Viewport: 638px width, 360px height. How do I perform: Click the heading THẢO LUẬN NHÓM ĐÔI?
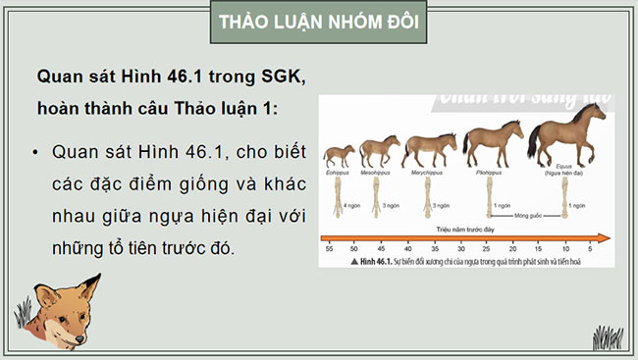click(x=319, y=23)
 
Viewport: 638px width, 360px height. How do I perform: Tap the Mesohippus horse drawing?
click(x=379, y=151)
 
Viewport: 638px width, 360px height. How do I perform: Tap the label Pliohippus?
click(x=491, y=172)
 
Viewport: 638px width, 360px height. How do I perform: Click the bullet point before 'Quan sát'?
click(x=35, y=154)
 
